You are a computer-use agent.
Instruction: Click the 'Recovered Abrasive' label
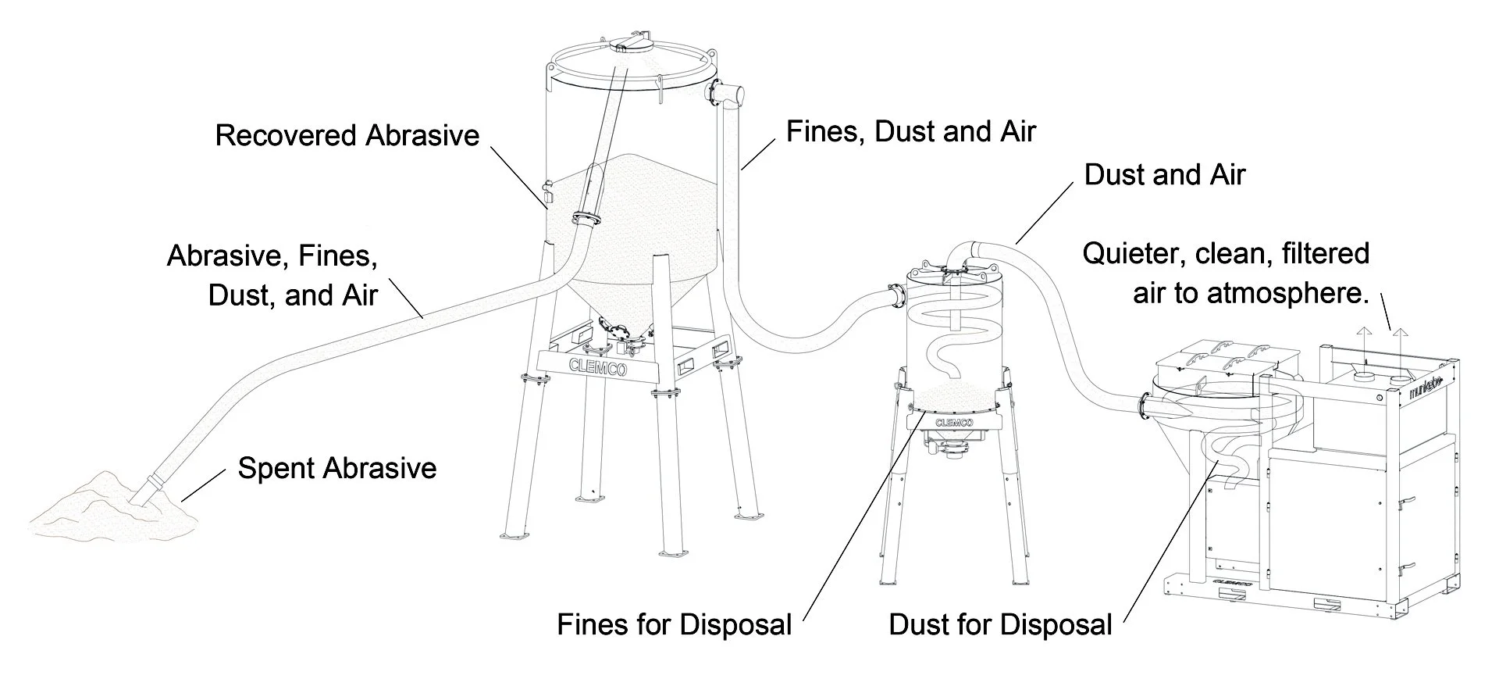click(347, 135)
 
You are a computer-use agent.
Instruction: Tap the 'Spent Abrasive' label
click(336, 468)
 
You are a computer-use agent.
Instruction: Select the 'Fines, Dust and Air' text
click(910, 131)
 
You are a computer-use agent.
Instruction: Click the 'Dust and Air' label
click(1164, 174)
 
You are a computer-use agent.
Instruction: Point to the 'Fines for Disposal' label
click(674, 624)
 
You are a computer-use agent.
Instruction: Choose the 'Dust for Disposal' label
click(1000, 624)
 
